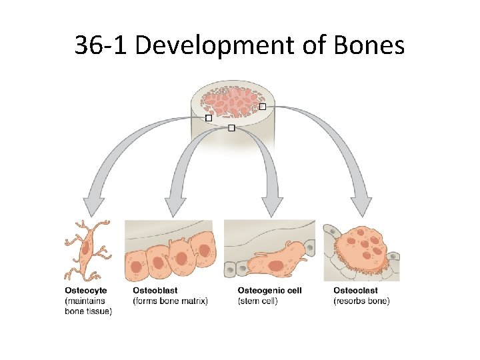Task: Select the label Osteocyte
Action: tap(85, 291)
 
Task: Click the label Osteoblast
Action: tap(155, 291)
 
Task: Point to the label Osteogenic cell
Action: tap(269, 291)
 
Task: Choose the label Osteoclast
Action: tap(355, 291)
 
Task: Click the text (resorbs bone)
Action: tap(361, 301)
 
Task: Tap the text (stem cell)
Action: tap(257, 301)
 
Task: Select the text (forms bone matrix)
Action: tap(171, 301)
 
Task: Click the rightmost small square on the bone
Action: tap(262, 107)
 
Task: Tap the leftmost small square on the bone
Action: tap(209, 117)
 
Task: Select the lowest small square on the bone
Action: tap(231, 127)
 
